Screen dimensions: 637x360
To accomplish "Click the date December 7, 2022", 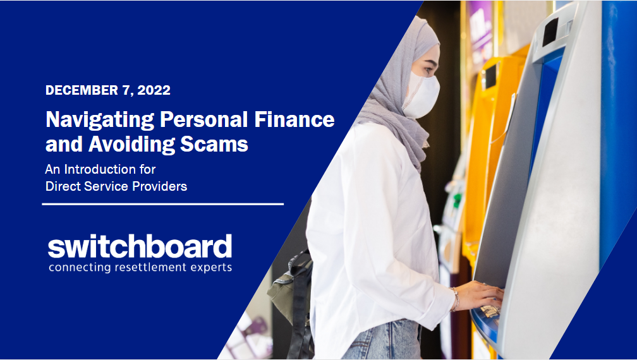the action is pos(107,90).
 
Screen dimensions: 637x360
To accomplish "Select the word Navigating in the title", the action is pos(100,121).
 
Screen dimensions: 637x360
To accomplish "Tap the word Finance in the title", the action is pos(294,119).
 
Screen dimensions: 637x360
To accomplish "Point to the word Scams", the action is pos(214,144).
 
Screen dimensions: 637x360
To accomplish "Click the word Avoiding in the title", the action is pos(131,145).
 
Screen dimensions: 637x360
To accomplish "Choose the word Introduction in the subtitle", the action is pos(110,169).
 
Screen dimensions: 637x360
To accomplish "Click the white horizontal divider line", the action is pos(162,204).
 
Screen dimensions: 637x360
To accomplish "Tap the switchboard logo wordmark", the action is pos(140,246).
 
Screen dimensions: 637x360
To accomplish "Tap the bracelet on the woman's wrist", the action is pos(456,299).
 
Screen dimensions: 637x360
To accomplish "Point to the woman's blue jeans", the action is pos(382,340).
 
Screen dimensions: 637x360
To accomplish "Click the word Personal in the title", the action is pos(204,119).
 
